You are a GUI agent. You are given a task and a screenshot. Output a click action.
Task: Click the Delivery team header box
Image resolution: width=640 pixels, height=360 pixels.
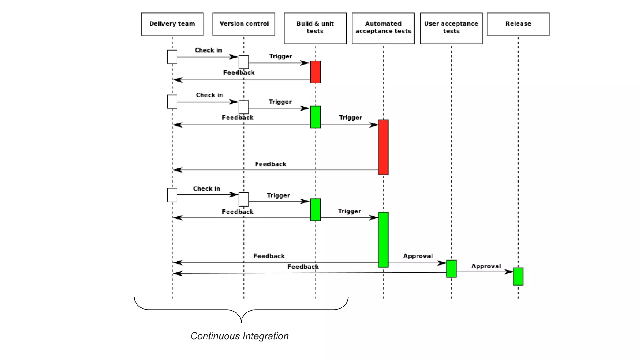(172, 24)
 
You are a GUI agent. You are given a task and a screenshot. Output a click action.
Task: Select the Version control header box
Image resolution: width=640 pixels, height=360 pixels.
(244, 24)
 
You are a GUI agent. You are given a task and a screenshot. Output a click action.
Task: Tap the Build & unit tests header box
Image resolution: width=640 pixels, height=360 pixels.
(315, 28)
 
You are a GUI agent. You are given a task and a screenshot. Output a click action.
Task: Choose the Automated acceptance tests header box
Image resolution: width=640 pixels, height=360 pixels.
(383, 28)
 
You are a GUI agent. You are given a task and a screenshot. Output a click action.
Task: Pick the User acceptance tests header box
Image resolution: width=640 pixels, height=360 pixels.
(451, 28)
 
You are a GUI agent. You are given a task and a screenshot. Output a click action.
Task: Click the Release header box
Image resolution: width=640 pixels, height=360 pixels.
(518, 24)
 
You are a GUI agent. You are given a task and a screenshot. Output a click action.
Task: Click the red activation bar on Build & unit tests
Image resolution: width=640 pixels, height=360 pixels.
(315, 72)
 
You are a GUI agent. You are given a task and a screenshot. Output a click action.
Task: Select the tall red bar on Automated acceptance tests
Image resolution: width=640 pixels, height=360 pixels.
(383, 147)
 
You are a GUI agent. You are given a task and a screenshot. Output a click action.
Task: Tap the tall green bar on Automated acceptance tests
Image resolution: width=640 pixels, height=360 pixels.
(383, 240)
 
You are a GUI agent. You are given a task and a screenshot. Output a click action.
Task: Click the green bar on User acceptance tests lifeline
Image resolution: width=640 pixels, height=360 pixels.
(451, 269)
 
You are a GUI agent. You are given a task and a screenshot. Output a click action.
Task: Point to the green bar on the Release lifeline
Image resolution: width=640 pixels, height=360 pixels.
(518, 277)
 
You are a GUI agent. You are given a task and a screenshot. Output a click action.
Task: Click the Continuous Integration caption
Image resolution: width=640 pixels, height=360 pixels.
(239, 336)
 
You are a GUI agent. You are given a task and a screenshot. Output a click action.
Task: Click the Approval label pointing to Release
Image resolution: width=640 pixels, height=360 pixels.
(486, 266)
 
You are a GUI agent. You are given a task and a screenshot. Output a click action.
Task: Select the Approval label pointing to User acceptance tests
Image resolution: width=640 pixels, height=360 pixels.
(418, 256)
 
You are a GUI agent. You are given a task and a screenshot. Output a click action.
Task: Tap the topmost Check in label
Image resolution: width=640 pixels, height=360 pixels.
(208, 50)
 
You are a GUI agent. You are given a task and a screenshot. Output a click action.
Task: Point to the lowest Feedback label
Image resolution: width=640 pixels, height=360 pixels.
(303, 267)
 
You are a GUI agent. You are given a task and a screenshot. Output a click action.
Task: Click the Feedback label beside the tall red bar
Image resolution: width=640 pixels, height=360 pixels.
(271, 164)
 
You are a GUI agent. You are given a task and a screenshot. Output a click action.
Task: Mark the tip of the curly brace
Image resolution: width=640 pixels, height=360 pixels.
(241, 322)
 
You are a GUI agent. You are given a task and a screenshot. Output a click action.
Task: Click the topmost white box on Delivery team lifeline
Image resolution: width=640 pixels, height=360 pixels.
(172, 57)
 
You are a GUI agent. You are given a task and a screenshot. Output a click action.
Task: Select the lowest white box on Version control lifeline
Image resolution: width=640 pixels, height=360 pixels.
(244, 199)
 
